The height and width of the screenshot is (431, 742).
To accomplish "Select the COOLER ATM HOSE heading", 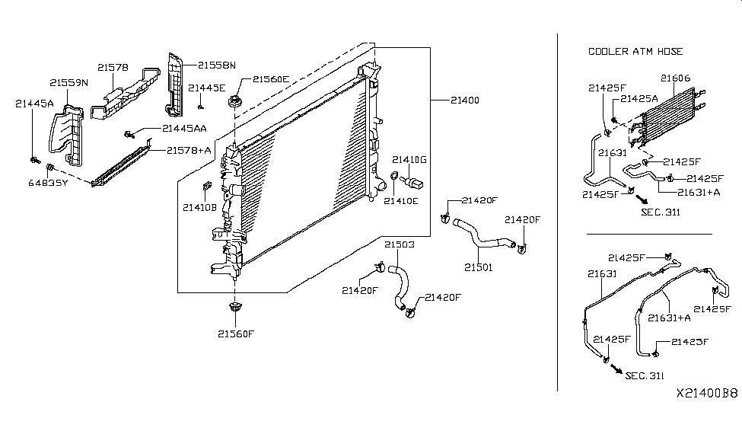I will [x=635, y=51].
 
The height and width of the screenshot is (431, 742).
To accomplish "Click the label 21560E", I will [x=271, y=78].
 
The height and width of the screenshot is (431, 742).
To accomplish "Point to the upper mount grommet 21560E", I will [x=234, y=101].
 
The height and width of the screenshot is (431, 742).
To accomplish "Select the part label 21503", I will [x=399, y=244].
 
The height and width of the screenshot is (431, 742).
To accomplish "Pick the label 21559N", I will [x=69, y=82].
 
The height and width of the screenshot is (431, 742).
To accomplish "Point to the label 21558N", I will [x=218, y=65].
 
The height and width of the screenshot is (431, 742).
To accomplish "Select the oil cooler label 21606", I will [x=675, y=78].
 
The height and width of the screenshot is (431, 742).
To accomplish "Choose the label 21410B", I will [x=199, y=206].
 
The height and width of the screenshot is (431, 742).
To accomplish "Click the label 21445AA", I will [x=184, y=129].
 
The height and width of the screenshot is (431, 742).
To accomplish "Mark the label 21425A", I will [x=639, y=99].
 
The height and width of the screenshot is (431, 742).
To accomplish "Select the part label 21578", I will [x=113, y=67].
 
